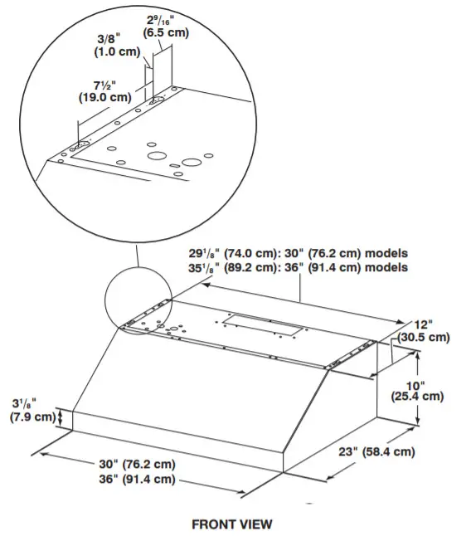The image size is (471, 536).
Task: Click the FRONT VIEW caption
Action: coord(231,524)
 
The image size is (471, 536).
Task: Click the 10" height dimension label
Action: coord(415,384)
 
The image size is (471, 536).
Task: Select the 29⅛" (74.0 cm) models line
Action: coord(296,253)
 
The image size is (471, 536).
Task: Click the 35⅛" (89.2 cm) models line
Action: coord(296,267)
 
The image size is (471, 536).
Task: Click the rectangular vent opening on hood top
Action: coord(264,325)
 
